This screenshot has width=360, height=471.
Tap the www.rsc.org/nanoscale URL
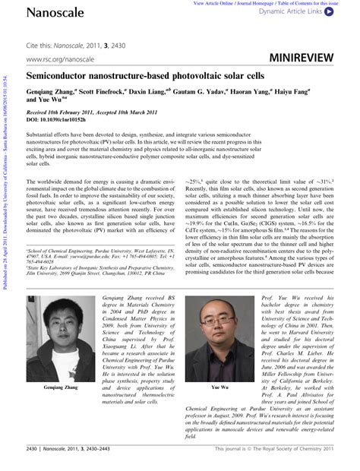(59, 58)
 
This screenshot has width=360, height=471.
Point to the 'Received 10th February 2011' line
(68, 112)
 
